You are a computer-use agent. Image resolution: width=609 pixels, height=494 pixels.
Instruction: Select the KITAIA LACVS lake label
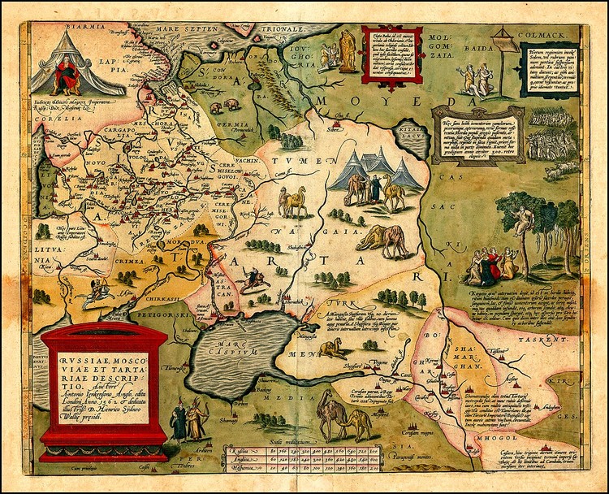(413, 146)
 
